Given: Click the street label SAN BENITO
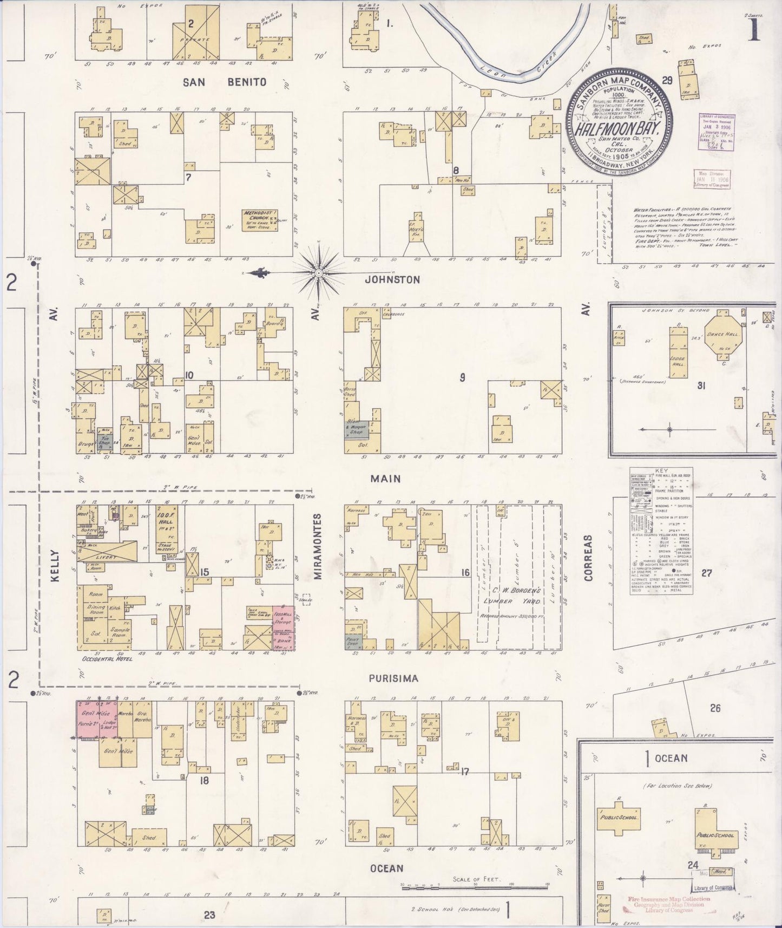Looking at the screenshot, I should pyautogui.click(x=224, y=82).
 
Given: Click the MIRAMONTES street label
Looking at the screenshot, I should pyautogui.click(x=319, y=547).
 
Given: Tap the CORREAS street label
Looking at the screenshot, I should pyautogui.click(x=589, y=558).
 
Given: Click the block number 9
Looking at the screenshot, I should pyautogui.click(x=462, y=377).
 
